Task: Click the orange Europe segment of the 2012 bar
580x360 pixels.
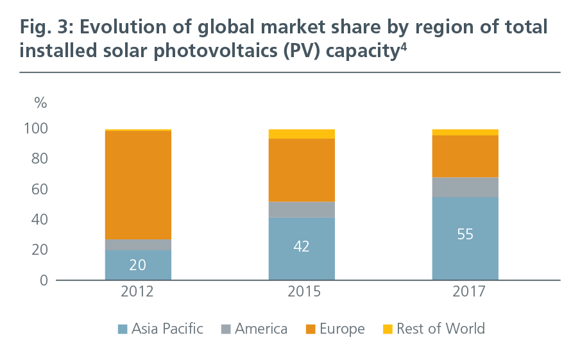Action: [138, 185]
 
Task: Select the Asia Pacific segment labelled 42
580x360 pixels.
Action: [302, 247]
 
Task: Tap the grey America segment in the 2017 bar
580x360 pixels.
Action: [465, 187]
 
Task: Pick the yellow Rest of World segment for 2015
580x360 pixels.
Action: [302, 133]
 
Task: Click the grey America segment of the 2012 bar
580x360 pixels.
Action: [138, 244]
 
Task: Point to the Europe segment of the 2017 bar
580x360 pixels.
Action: [465, 156]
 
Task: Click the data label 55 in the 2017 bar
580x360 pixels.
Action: [465, 234]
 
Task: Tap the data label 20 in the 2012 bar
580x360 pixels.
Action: [138, 264]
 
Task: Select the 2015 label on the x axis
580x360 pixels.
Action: [302, 293]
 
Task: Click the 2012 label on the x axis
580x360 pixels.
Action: [138, 293]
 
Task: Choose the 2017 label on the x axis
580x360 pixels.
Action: [465, 293]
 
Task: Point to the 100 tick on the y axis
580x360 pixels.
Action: [36, 129]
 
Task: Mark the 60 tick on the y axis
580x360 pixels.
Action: [40, 190]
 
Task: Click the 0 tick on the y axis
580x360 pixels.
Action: [44, 280]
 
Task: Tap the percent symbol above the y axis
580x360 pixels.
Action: [41, 103]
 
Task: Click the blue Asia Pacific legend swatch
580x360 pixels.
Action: [122, 329]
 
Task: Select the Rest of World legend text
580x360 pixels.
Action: [441, 329]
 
